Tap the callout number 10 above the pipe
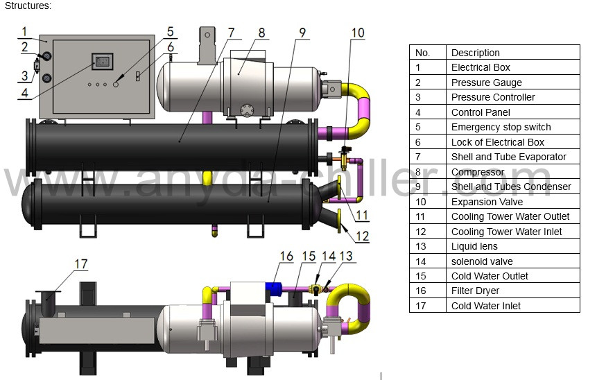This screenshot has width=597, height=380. click(x=358, y=32)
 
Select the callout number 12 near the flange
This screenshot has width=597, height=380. click(x=362, y=236)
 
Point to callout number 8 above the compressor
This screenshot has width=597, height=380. click(x=261, y=33)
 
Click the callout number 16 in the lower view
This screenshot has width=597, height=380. click(x=287, y=257)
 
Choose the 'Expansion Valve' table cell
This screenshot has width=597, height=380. click(x=513, y=202)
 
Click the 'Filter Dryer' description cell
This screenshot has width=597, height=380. click(x=513, y=291)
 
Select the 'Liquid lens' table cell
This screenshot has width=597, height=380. click(x=513, y=246)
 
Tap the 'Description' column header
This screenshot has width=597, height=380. click(x=513, y=53)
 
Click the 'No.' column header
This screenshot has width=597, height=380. click(x=428, y=53)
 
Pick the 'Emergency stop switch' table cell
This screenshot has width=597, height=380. click(x=513, y=127)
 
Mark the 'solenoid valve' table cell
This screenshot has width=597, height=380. click(x=513, y=261)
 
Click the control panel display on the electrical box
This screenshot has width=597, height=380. click(x=102, y=61)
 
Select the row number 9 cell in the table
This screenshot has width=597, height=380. click(x=428, y=187)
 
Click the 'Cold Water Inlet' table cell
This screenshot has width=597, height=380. click(x=513, y=306)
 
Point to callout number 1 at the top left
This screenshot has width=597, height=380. click(x=24, y=31)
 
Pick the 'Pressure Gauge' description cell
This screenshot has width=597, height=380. click(x=513, y=83)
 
